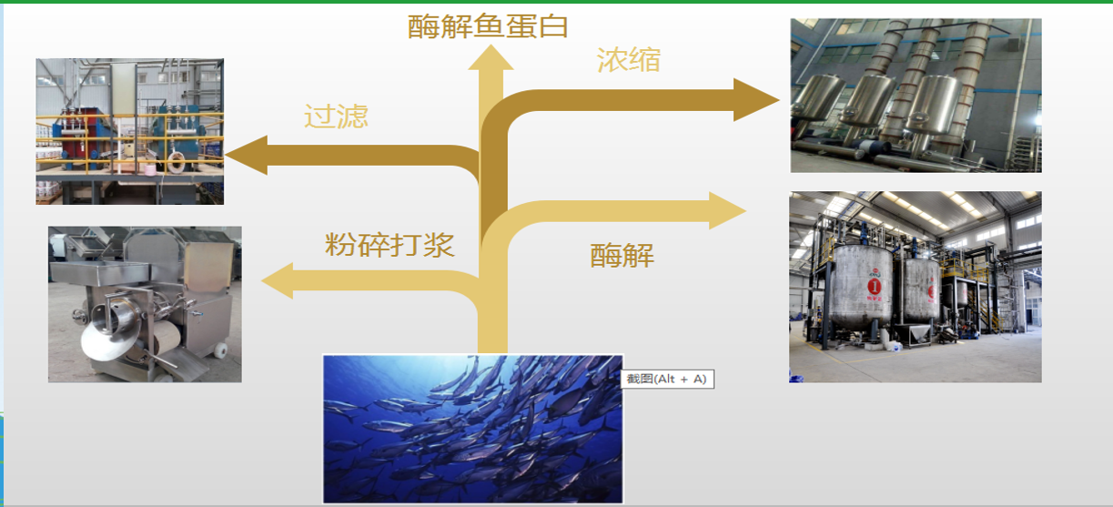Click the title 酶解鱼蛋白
[488, 25]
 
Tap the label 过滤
[336, 117]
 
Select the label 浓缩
[629, 60]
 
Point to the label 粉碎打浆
[390, 245]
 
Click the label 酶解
[622, 256]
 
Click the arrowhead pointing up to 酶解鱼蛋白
[491, 57]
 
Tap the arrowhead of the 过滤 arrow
[247, 155]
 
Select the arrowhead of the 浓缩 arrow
[756, 100]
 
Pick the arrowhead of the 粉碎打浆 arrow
[278, 281]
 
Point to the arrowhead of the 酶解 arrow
[727, 211]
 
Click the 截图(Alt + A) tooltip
[667, 380]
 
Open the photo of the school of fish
[473, 429]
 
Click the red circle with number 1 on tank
[874, 287]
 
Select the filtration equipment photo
[130, 131]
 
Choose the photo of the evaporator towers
[916, 96]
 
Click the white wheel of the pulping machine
[220, 350]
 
